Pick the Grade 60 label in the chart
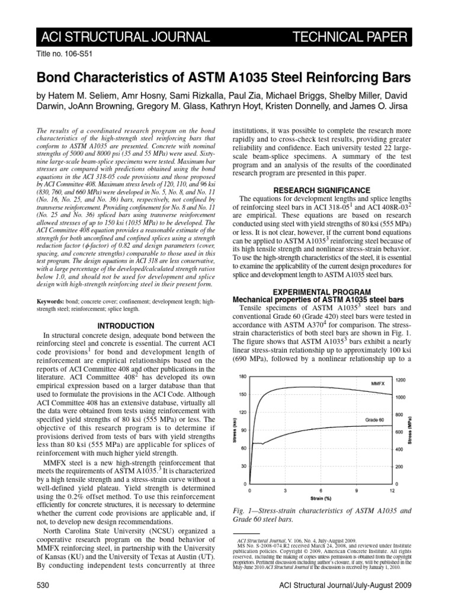368,419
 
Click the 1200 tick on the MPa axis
401,379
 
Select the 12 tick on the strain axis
392,491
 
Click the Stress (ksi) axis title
230,430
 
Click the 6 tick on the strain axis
321,491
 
